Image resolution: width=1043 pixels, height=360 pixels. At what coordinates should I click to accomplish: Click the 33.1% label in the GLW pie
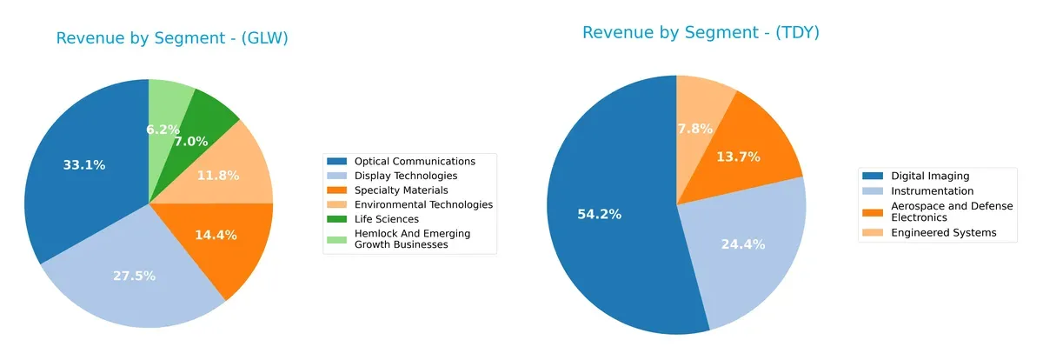[x=84, y=165]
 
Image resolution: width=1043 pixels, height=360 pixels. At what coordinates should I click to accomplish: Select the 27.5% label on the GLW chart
[x=134, y=276]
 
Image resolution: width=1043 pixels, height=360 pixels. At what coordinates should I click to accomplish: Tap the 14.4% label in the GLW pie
[x=216, y=235]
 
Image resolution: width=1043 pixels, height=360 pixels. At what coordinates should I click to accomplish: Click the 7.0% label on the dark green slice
[x=190, y=141]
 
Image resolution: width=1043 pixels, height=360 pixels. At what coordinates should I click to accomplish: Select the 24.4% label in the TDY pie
[x=743, y=244]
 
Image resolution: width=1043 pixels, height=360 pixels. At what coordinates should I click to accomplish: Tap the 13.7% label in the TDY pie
[x=739, y=157]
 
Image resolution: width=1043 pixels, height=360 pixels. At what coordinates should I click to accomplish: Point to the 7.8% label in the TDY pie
[x=695, y=129]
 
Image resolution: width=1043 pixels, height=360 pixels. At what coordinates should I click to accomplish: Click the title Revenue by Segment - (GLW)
[x=172, y=38]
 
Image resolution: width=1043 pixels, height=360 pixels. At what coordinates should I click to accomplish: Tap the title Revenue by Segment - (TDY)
[x=701, y=33]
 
